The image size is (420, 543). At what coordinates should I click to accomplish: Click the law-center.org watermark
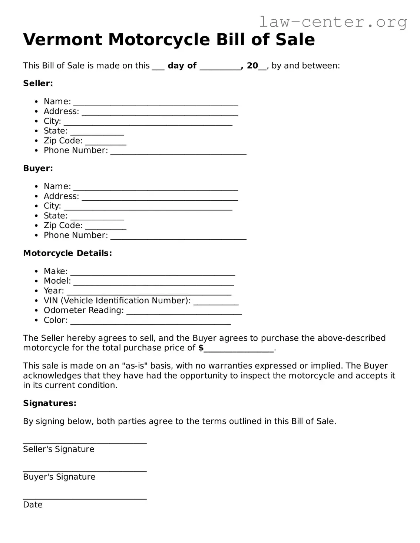tap(333, 22)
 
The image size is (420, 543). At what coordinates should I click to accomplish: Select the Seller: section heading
tap(38, 83)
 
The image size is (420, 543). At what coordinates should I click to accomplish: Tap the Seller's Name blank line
tap(155, 103)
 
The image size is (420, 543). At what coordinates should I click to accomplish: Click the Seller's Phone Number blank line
tap(178, 151)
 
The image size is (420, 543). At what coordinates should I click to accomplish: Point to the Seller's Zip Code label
tap(63, 141)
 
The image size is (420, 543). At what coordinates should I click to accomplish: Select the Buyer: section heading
tap(38, 168)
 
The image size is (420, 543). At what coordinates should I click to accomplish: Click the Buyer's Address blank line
tap(160, 197)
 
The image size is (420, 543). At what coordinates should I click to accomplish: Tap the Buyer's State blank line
tap(97, 217)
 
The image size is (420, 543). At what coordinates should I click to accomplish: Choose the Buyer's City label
tap(52, 206)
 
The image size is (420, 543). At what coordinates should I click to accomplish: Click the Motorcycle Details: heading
tap(67, 253)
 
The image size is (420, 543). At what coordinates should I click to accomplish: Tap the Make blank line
tap(153, 273)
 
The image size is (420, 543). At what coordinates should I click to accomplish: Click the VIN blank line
tap(216, 302)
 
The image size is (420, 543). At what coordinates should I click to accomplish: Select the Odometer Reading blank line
tap(184, 312)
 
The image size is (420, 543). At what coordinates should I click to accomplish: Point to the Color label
tap(56, 320)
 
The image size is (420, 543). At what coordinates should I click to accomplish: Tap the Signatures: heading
tap(50, 403)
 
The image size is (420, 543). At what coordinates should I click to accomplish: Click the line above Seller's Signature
tap(85, 442)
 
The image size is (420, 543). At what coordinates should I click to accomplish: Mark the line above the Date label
tap(85, 497)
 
